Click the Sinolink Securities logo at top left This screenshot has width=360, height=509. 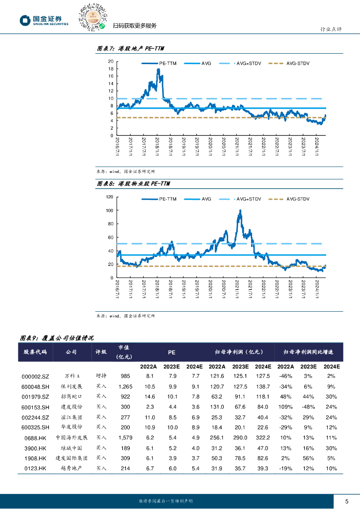44,20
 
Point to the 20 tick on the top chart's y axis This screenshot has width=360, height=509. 111,61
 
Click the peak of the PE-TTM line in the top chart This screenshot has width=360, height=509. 158,70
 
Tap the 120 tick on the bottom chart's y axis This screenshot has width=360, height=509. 109,197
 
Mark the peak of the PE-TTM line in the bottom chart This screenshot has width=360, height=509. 240,211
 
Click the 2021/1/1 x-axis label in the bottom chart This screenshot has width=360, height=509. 238,288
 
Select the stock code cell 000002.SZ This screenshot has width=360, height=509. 35,376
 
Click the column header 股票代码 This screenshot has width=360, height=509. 35,352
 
